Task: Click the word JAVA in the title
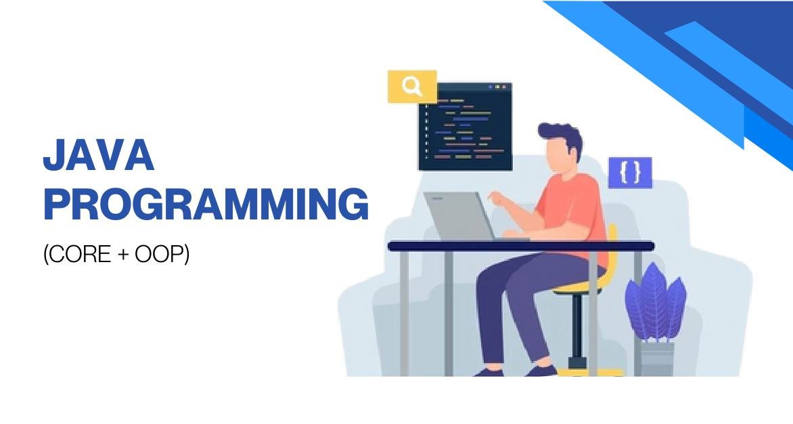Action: [x=99, y=156]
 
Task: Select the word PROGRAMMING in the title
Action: [x=206, y=205]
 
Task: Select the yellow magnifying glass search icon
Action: [x=411, y=87]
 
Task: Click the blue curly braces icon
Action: [x=630, y=173]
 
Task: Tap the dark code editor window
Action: [x=465, y=129]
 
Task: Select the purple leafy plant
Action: [x=654, y=302]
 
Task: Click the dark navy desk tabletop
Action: [x=521, y=246]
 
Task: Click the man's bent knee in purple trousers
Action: [x=491, y=278]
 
